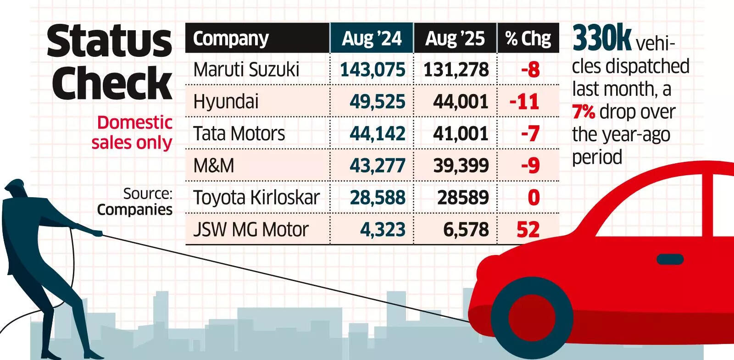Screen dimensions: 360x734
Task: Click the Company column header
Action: click(231, 39)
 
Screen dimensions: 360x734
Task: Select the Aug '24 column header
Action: click(372, 39)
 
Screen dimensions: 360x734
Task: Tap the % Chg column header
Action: click(528, 39)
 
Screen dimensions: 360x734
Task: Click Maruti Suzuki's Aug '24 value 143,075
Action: click(373, 70)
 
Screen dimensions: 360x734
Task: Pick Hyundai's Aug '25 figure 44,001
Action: click(461, 102)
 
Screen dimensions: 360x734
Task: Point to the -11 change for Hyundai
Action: click(524, 102)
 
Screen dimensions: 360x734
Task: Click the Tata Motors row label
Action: click(239, 134)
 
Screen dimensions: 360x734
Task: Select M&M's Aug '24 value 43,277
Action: click(377, 166)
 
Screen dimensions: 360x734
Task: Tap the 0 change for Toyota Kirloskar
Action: click(533, 198)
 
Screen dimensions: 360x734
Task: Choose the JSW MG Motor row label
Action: click(251, 230)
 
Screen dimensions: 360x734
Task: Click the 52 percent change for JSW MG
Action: click(528, 230)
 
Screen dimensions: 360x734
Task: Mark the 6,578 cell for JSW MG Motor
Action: click(466, 230)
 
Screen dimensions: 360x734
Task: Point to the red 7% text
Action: click(584, 112)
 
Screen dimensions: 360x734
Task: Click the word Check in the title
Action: click(112, 83)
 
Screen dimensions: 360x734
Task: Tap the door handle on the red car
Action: click(670, 260)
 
